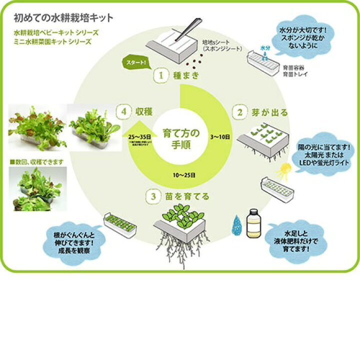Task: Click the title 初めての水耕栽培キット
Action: pos(64,18)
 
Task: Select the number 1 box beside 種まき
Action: pos(161,76)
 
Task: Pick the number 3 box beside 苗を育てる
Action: pos(153,196)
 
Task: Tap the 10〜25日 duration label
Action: pos(185,175)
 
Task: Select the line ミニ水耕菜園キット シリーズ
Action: pos(53,42)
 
